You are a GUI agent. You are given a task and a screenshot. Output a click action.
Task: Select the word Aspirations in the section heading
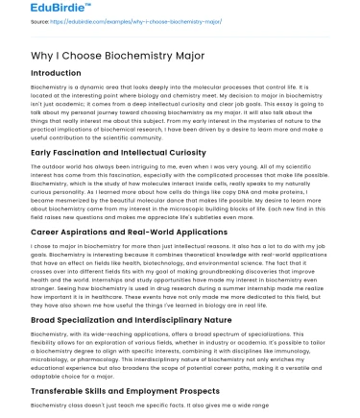point(84,232)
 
